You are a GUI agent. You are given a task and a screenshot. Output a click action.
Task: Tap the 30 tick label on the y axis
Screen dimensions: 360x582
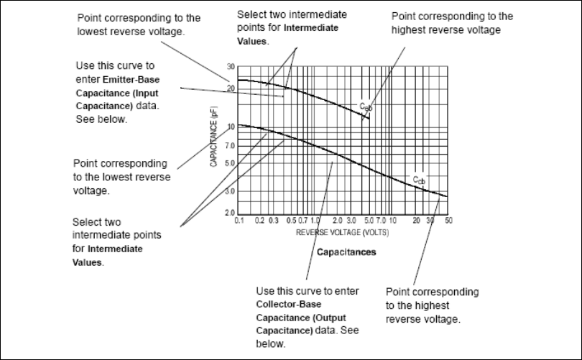tap(231, 66)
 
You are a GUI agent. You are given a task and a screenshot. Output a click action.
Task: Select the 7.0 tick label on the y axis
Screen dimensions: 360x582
tap(230, 146)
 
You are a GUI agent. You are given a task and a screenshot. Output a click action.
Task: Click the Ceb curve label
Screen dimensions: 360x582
tap(366, 106)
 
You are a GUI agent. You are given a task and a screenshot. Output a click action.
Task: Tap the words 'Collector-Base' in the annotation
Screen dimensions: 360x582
tap(287, 304)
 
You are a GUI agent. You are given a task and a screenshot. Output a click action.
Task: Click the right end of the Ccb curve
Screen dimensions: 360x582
tap(447, 196)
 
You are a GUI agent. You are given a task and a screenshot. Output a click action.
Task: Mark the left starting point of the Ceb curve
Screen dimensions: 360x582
tap(239, 80)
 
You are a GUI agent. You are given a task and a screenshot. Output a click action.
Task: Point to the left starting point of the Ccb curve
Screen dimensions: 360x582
tap(239, 125)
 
